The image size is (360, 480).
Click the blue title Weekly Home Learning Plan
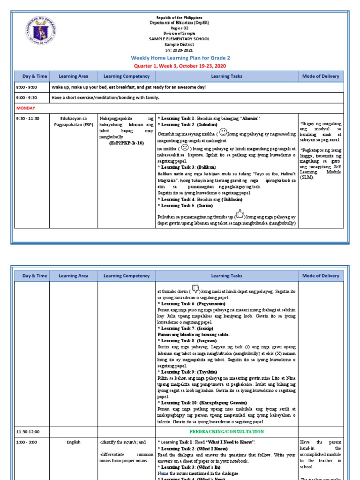click(x=180, y=58)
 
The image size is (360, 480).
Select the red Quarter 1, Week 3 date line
click(x=180, y=65)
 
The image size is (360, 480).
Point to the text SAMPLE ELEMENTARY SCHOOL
click(x=180, y=39)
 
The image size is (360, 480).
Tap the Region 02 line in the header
click(x=180, y=28)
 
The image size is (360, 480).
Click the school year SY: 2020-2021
click(x=180, y=49)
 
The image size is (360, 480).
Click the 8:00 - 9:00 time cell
click(x=26, y=87)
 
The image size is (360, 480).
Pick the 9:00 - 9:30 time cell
click(x=26, y=97)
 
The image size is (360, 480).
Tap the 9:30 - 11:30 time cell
click(x=29, y=119)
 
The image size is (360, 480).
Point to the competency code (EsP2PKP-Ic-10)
click(x=126, y=142)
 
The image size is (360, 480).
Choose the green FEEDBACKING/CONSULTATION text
click(x=226, y=431)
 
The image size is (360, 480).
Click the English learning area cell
click(x=74, y=442)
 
